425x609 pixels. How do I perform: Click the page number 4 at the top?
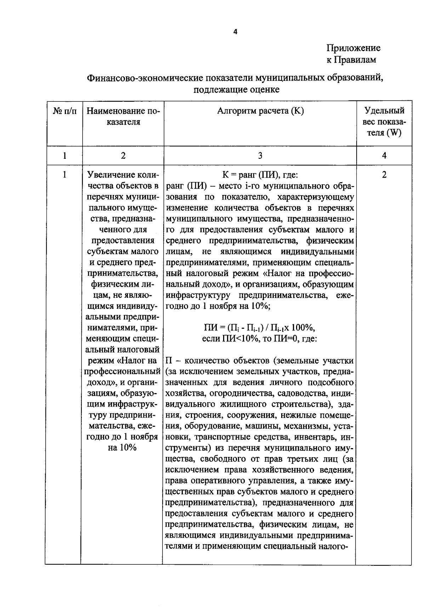coord(235,32)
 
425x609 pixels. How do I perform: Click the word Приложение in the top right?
coord(353,48)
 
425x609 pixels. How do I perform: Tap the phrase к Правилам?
coord(351,60)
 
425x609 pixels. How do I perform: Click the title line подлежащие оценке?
coord(236,89)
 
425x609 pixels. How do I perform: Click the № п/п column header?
coord(64,111)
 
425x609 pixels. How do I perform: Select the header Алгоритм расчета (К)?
coord(260,111)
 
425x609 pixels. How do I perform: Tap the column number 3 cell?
coord(260,155)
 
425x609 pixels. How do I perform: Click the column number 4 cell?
coord(384,155)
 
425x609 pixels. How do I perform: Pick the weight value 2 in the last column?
coord(384,175)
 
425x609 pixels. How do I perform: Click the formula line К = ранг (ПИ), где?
coord(260,175)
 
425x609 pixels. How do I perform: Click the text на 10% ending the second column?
coord(122,448)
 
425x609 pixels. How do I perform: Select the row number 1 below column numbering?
coord(64,175)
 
